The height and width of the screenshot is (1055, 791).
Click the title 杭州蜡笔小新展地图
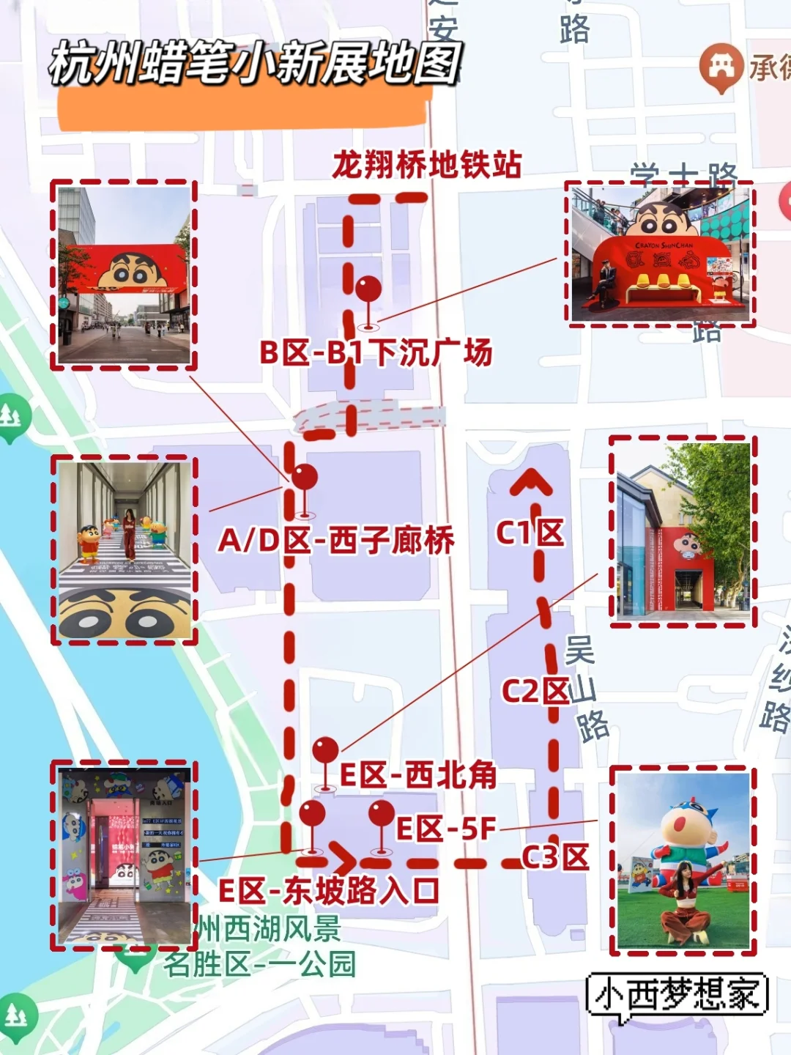255,62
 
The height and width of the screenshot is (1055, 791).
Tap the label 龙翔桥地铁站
427,165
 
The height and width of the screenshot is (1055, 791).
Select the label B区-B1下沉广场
376,353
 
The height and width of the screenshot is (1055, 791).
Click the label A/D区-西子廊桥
336,541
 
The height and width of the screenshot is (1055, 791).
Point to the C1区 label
530,533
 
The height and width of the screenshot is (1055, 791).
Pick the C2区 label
535,690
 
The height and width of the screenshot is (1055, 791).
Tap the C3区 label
555,856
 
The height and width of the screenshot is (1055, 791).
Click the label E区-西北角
418,775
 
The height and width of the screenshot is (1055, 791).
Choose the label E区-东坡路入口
329,891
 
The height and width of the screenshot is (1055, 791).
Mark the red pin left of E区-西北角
325,751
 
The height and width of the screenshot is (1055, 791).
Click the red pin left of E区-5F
381,814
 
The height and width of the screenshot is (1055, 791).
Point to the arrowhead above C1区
532,482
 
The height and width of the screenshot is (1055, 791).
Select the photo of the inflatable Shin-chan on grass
683,861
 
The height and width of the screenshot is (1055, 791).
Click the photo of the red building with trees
683,532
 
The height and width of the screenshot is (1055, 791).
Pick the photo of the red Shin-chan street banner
124,275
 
